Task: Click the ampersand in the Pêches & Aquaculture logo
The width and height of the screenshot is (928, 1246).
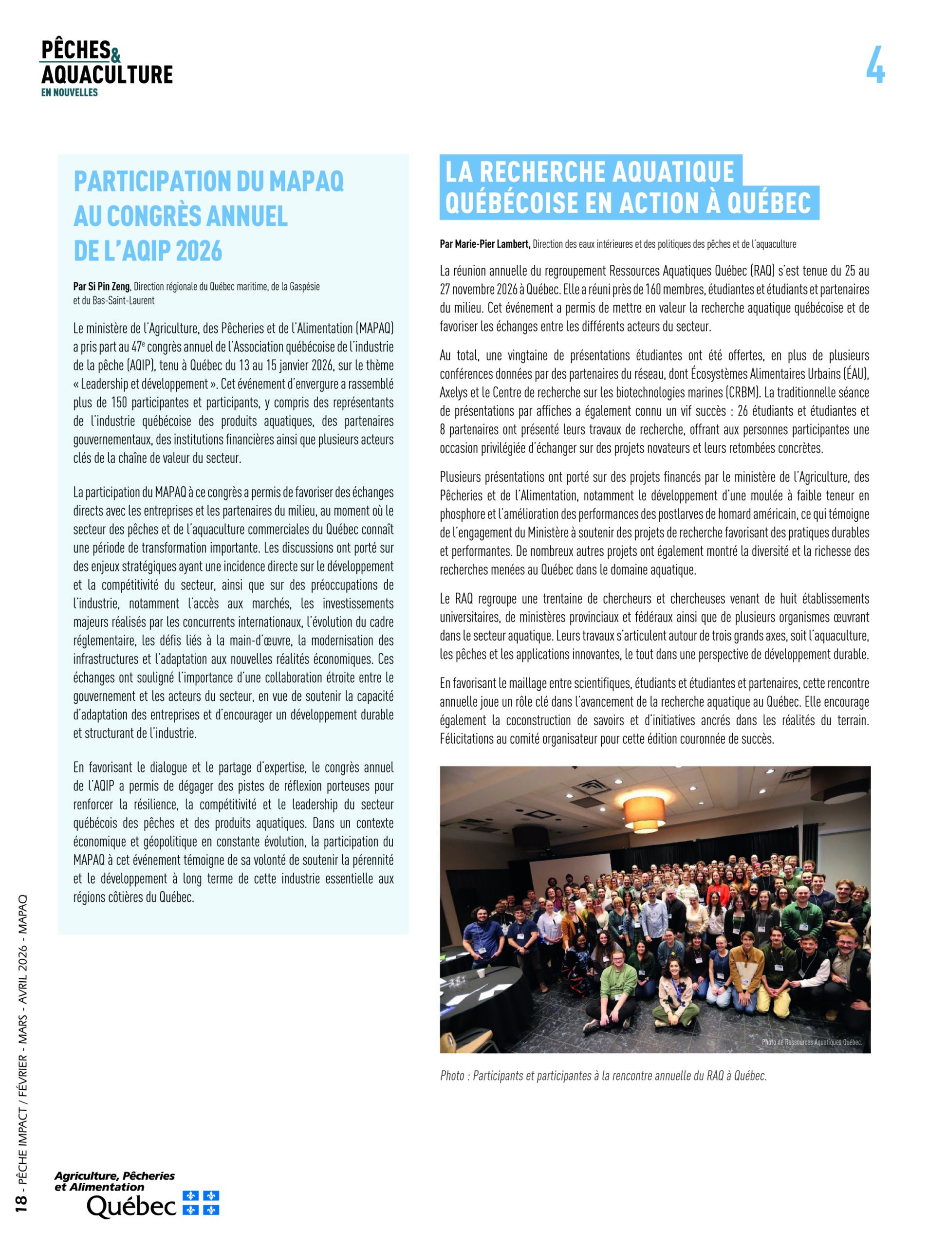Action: click(116, 55)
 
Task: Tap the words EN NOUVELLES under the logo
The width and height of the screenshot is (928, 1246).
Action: click(69, 92)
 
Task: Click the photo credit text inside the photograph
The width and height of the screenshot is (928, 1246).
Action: click(811, 1042)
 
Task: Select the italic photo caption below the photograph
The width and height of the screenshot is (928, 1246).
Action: click(603, 1076)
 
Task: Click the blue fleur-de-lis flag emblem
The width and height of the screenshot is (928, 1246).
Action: click(201, 1203)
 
